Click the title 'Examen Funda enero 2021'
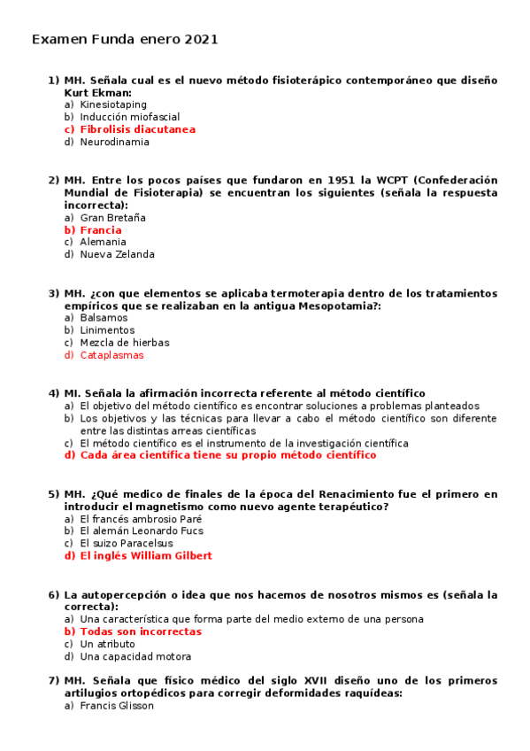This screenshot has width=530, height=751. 125,40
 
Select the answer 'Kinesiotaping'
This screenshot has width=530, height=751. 113,105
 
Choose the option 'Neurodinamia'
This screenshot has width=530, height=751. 114,142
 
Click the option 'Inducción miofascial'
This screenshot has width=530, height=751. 129,117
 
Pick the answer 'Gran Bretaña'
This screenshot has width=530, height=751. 112,217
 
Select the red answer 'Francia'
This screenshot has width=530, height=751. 101,230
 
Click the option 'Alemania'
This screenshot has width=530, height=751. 103,242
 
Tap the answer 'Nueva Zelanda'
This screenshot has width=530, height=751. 117,254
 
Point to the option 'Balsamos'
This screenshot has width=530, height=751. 102,317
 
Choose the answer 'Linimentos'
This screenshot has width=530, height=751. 107,330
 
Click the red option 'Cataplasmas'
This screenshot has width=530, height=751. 111,355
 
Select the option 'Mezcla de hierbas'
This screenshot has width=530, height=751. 124,343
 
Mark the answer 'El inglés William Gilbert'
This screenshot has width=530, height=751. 146,556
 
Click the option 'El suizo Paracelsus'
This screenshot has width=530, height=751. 123,544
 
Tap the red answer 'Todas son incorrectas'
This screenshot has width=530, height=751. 141,632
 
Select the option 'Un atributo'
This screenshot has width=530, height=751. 107,645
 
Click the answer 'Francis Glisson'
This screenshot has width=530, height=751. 116,706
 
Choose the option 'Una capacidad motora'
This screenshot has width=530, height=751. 134,657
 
